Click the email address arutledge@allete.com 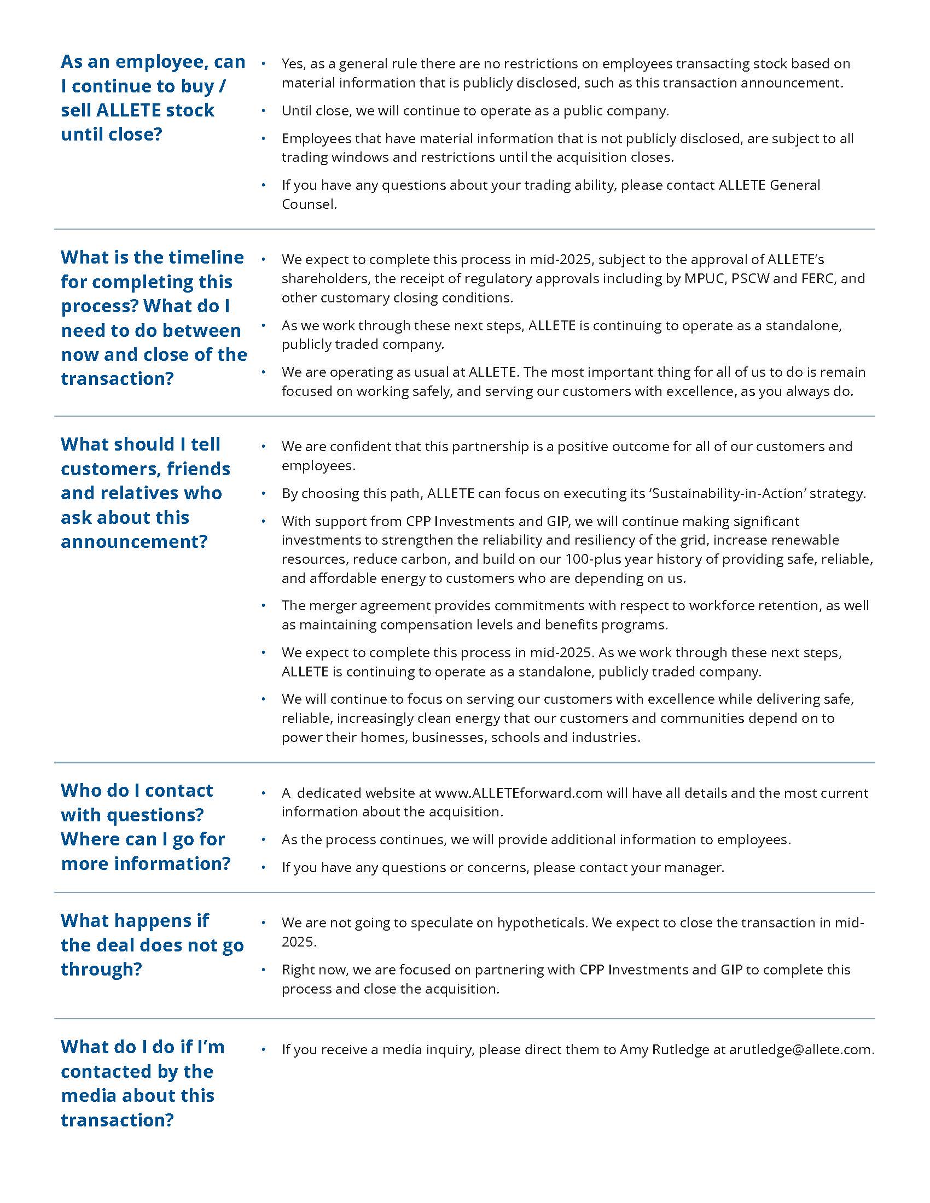(801, 1049)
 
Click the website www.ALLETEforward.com (518, 793)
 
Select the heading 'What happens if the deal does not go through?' (152, 945)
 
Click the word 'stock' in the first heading (190, 110)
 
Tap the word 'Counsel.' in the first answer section (309, 204)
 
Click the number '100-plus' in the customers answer (597, 559)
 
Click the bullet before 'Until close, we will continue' (263, 110)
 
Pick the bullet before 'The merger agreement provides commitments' (263, 605)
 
